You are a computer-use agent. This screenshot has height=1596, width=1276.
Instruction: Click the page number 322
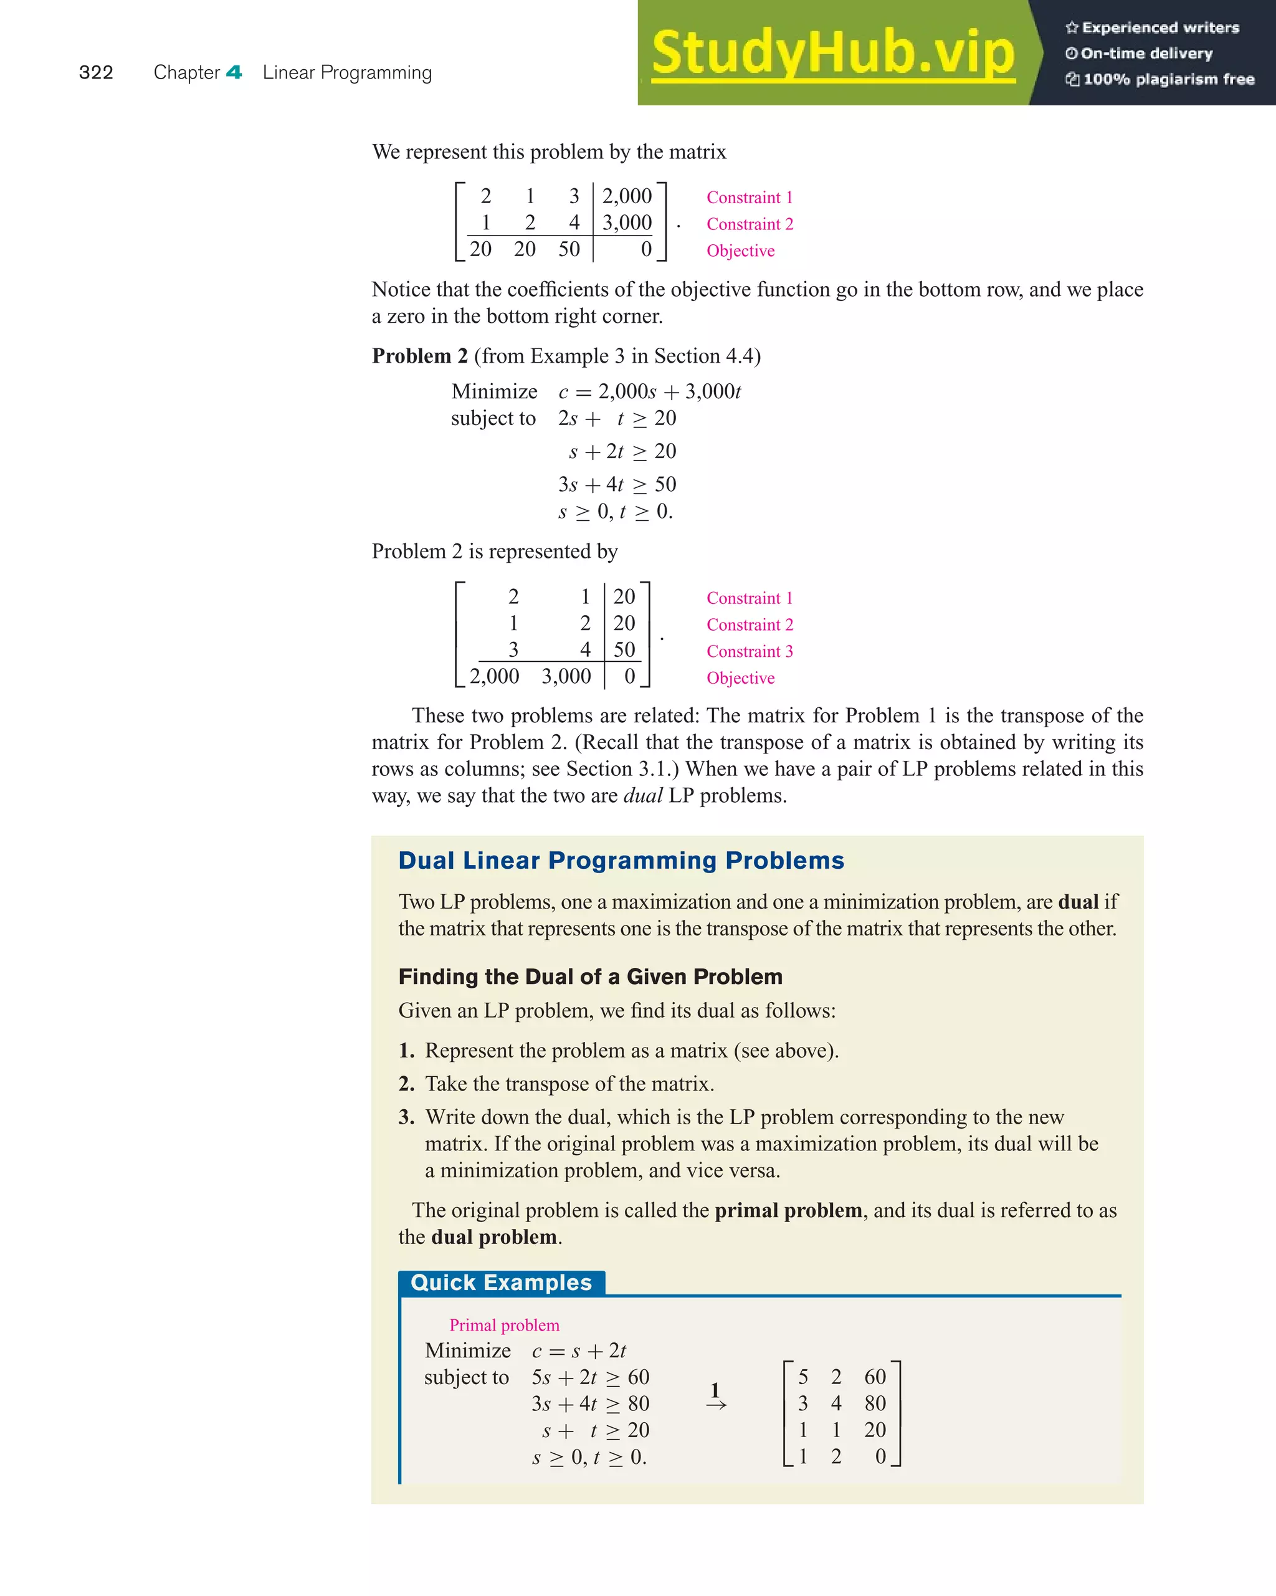pyautogui.click(x=95, y=72)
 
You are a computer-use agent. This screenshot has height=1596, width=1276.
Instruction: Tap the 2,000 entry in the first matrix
pyautogui.click(x=626, y=196)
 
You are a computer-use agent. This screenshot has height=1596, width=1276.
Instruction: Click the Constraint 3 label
pyautogui.click(x=749, y=651)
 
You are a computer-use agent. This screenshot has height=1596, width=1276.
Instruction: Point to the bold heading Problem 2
pyautogui.click(x=420, y=356)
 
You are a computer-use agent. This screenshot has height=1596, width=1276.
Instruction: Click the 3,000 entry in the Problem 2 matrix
pyautogui.click(x=566, y=677)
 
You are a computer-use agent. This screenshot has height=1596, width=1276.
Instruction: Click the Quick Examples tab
pyautogui.click(x=501, y=1283)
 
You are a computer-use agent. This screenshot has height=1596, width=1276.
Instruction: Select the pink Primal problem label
pyautogui.click(x=504, y=1325)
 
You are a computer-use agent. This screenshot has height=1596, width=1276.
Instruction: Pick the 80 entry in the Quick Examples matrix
pyautogui.click(x=874, y=1403)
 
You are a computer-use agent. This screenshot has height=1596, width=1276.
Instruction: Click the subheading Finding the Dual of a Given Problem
pyautogui.click(x=590, y=977)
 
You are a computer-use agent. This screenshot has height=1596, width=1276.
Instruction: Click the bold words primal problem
pyautogui.click(x=788, y=1210)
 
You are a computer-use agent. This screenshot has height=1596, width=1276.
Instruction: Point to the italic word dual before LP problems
pyautogui.click(x=642, y=796)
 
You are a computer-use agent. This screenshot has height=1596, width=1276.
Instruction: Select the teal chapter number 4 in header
pyautogui.click(x=234, y=72)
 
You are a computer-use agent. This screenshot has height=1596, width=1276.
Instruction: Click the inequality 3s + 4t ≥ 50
pyautogui.click(x=617, y=485)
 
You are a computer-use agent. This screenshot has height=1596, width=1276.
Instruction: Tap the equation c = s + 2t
pyautogui.click(x=579, y=1351)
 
